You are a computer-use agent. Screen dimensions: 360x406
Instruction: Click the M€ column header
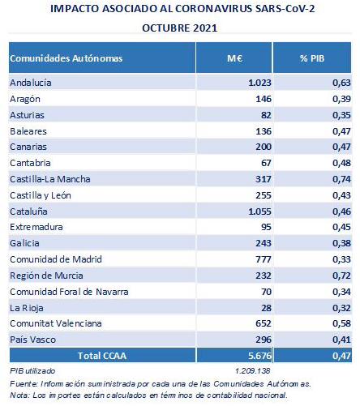(x=234, y=58)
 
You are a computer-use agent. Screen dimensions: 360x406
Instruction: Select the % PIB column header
(x=312, y=58)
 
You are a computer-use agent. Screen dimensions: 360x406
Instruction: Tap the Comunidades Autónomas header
(x=66, y=58)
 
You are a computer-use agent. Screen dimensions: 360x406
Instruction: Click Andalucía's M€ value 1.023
(x=259, y=83)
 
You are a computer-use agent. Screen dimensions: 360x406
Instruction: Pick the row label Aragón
(x=25, y=99)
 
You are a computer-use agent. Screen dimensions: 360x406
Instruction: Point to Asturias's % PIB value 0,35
(x=341, y=115)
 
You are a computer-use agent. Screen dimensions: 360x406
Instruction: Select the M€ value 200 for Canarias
(x=264, y=147)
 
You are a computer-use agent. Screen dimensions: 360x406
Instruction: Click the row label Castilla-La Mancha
(x=50, y=179)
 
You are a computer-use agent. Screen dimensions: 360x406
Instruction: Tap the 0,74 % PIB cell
(x=341, y=179)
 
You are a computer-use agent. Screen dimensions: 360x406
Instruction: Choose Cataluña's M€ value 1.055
(x=259, y=212)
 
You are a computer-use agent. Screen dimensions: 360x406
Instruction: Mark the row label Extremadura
(x=36, y=227)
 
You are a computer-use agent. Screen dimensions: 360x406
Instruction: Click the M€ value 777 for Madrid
(x=264, y=259)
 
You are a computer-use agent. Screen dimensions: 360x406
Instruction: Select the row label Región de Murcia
(x=46, y=276)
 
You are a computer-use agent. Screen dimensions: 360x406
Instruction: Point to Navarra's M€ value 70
(x=267, y=292)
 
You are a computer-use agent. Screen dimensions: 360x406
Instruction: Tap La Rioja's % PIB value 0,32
(x=341, y=308)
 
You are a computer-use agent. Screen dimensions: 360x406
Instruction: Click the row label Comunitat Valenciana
(x=56, y=323)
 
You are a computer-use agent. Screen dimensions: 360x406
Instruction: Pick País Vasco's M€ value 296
(x=264, y=340)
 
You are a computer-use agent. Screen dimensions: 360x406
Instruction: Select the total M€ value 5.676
(x=259, y=356)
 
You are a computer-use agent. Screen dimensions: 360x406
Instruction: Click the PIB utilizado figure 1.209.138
(x=253, y=371)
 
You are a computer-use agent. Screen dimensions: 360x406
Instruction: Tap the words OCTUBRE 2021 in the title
(x=180, y=28)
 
